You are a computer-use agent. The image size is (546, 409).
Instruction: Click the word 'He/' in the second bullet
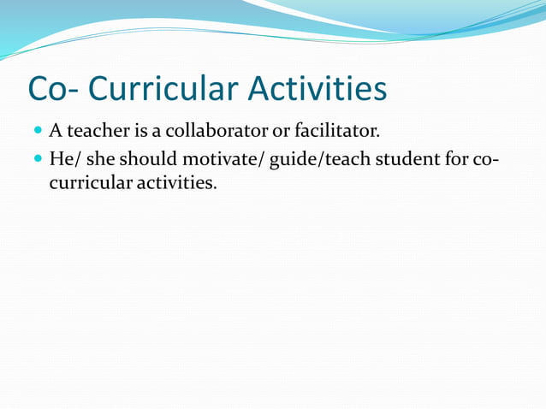coord(63,159)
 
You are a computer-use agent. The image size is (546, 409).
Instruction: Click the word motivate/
coord(223,159)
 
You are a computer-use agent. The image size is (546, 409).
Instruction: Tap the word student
coord(405,159)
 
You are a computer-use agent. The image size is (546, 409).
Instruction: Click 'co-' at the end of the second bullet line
coord(487,159)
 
